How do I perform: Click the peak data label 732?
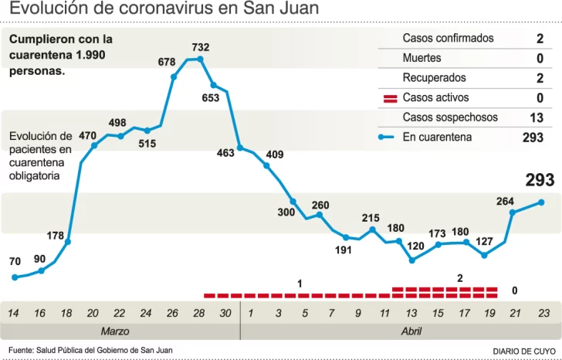201,48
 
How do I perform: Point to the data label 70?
15,262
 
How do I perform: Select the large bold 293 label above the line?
540,180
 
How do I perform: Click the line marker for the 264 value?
512,212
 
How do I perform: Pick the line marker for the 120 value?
412,260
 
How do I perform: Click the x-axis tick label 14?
13,313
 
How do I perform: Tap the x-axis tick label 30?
225,313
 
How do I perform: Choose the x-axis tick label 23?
543,313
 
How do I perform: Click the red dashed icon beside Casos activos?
390,98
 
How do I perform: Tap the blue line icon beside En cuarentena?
390,138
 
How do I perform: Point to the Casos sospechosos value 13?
537,117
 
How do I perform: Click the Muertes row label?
421,58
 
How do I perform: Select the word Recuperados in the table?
434,78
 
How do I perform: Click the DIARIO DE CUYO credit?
523,351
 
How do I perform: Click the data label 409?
274,155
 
